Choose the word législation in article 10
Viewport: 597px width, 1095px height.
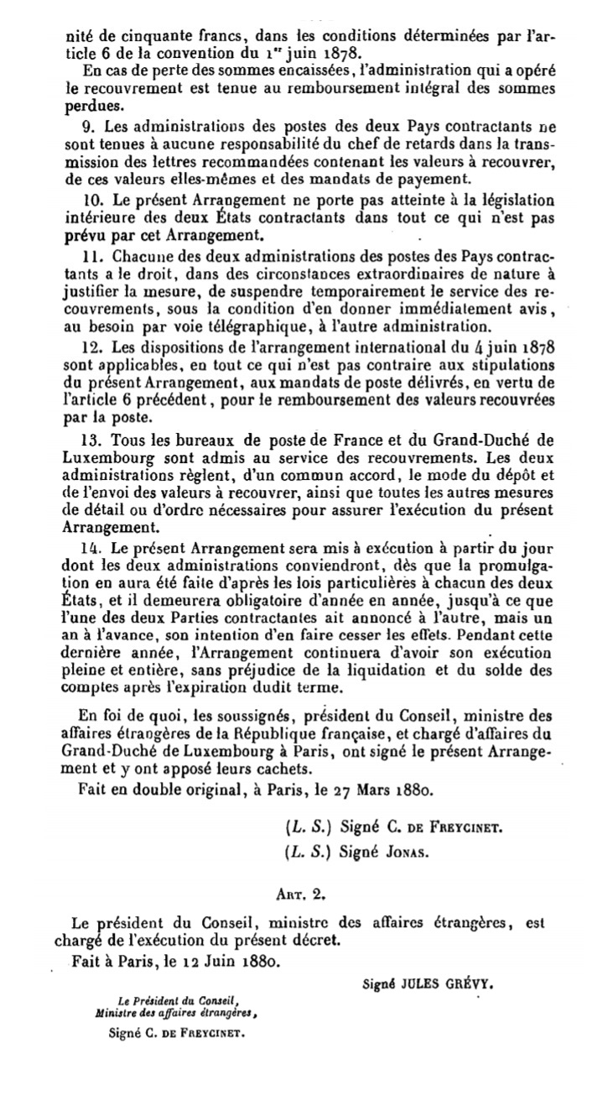tap(506, 201)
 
